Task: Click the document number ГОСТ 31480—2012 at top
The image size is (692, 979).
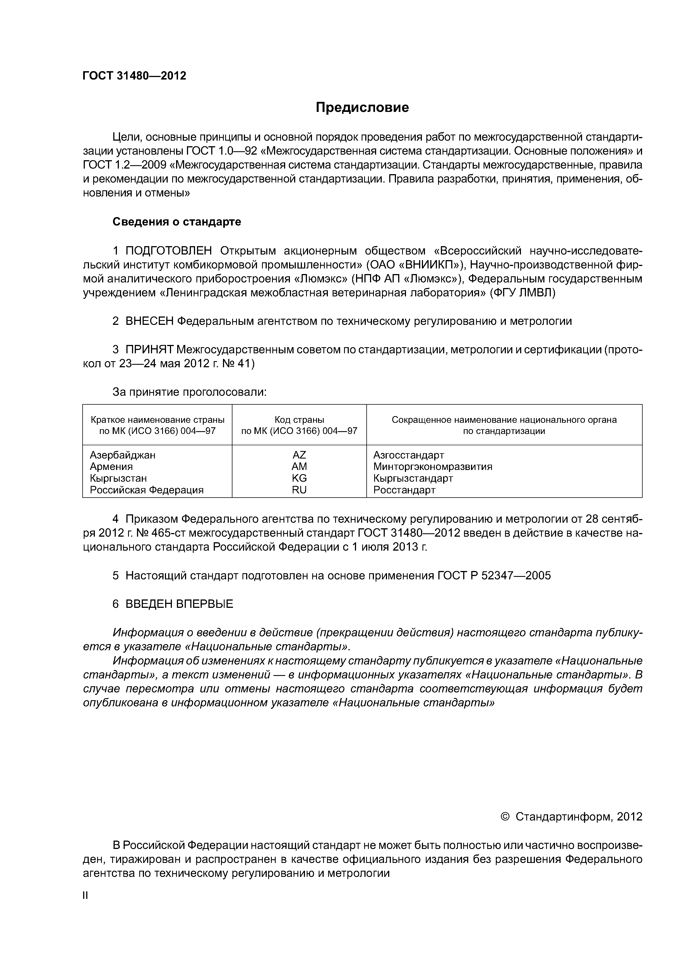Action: (134, 76)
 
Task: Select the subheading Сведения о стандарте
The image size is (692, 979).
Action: (177, 222)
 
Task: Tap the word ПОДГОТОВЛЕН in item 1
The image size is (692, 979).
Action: (169, 250)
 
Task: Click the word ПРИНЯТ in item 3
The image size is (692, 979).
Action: (149, 350)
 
